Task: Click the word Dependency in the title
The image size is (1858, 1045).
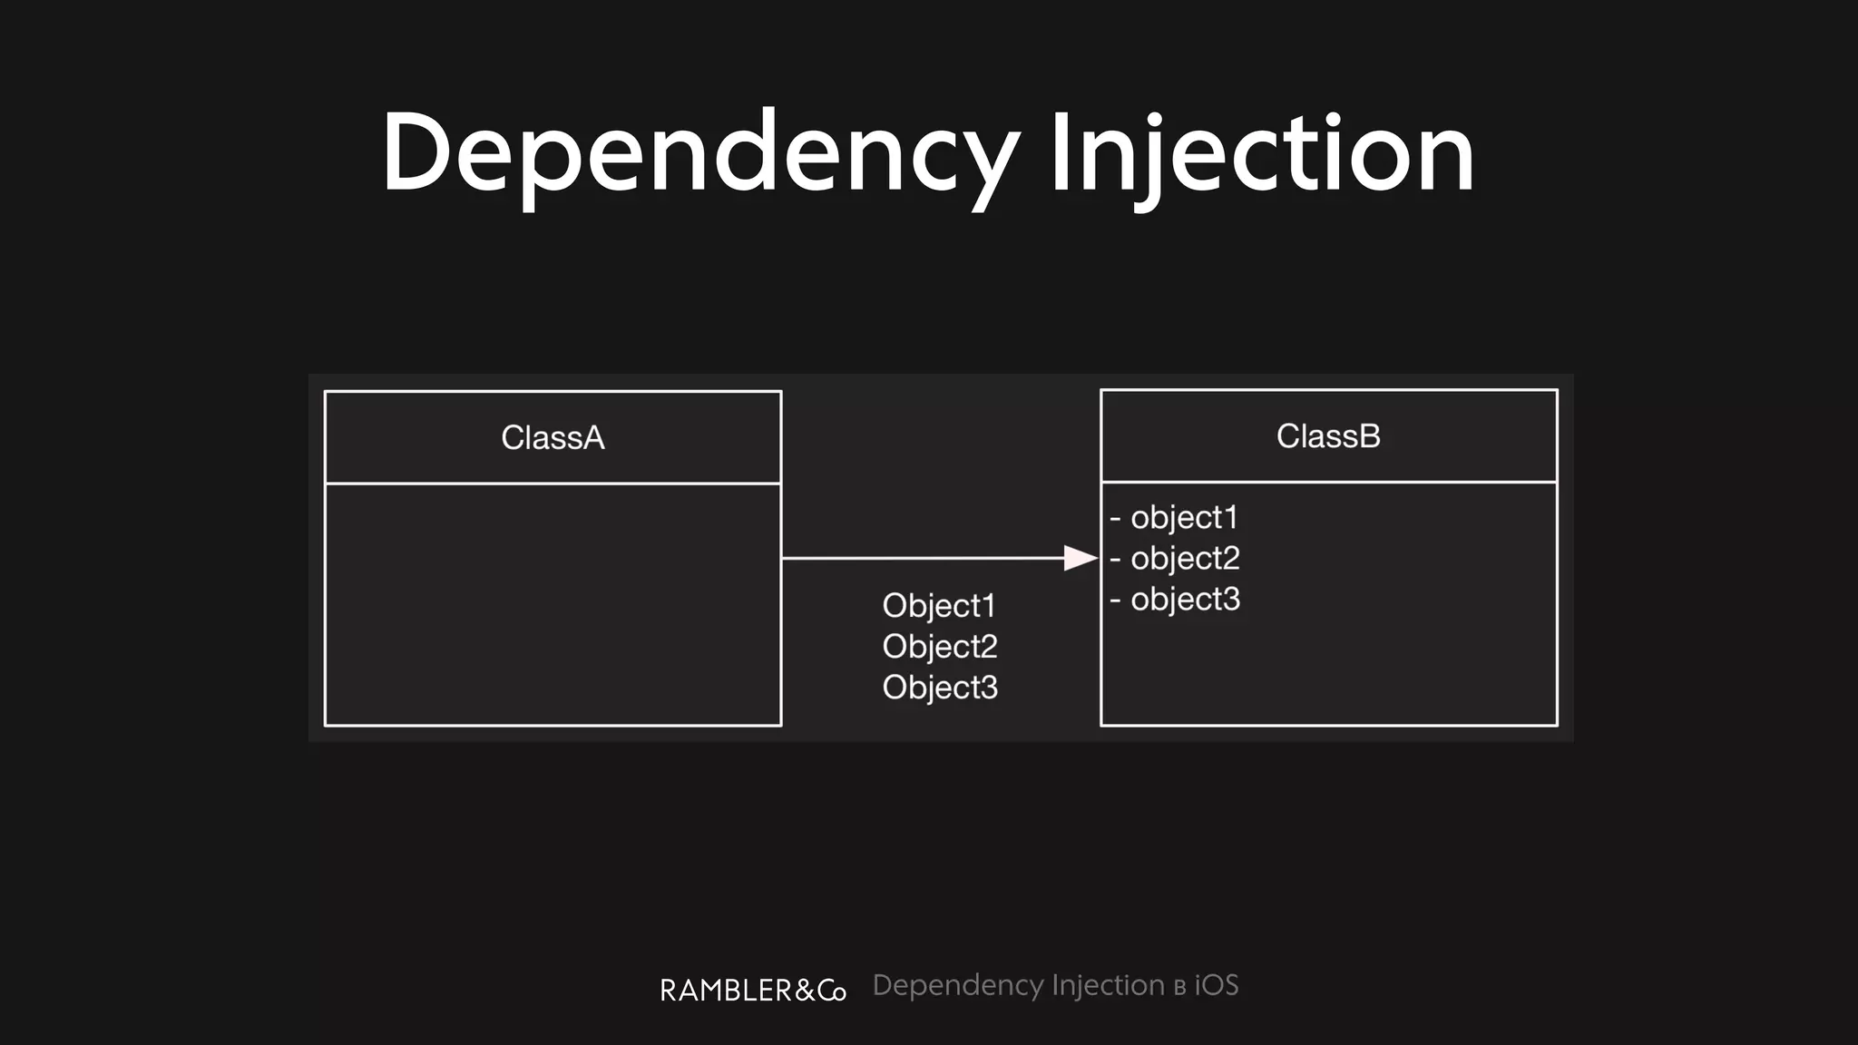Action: [699, 154]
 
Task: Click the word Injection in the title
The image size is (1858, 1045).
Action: [1261, 154]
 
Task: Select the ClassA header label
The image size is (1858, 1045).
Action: [553, 438]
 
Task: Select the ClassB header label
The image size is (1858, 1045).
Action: [1328, 436]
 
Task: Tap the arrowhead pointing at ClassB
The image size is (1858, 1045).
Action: [1080, 558]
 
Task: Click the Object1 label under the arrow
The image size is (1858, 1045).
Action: [939, 606]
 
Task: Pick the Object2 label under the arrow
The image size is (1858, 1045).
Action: [939, 647]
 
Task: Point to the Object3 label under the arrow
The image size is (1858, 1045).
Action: [939, 688]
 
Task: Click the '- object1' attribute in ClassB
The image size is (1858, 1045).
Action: [1174, 518]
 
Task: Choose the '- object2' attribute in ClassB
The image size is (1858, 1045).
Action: [1175, 559]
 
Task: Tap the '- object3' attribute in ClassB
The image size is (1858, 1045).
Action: [1175, 600]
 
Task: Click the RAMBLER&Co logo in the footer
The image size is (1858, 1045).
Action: [753, 990]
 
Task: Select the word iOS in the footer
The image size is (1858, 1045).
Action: [1216, 985]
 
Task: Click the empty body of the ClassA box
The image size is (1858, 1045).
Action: [553, 603]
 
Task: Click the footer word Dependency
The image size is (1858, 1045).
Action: [957, 986]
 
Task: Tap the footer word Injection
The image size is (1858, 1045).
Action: [1108, 985]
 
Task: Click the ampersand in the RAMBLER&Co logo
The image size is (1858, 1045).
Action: [805, 991]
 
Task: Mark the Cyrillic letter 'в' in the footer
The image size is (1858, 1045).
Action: [1179, 988]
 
